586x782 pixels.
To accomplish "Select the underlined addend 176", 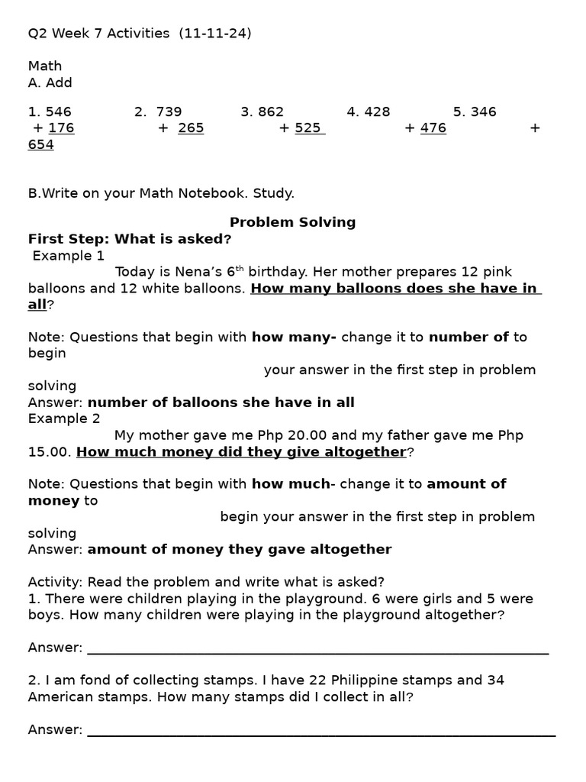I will [61, 128].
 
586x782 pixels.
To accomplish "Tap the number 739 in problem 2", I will [169, 112].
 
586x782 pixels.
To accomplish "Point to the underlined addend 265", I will [191, 128].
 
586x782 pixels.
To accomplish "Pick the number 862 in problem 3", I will [271, 112].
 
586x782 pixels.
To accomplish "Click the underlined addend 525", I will [308, 128].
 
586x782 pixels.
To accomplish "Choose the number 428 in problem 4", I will [378, 112].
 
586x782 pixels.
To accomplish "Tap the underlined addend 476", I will [433, 128].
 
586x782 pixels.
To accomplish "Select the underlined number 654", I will [41, 145].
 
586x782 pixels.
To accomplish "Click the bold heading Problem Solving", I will [293, 222].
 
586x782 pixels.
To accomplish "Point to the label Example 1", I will [69, 256].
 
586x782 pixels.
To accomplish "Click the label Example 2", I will [64, 418].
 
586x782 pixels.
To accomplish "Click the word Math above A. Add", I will [45, 66].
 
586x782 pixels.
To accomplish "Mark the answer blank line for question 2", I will [321, 735].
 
